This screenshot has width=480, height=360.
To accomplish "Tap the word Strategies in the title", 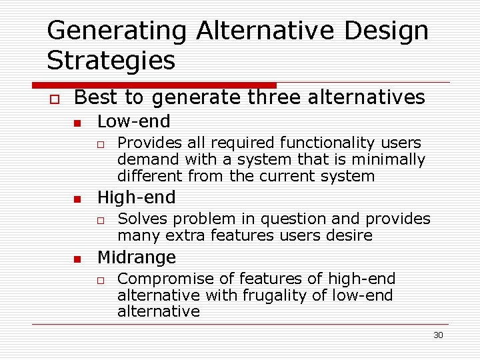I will coord(111,60).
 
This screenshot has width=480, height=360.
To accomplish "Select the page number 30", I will coord(438,335).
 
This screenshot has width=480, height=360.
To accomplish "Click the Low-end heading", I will coord(133,121).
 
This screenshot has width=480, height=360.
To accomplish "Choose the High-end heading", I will coord(136,197).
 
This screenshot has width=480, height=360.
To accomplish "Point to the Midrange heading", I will coord(137,257).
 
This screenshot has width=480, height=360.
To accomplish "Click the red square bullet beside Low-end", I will coord(77,123).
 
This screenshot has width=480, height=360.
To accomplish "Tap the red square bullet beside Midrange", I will coord(77,259).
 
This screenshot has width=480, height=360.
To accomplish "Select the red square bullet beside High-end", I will coord(77,199).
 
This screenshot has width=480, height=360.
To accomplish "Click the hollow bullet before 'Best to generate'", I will coord(53,99).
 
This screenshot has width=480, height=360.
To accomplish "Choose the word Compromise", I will coord(157,279).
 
